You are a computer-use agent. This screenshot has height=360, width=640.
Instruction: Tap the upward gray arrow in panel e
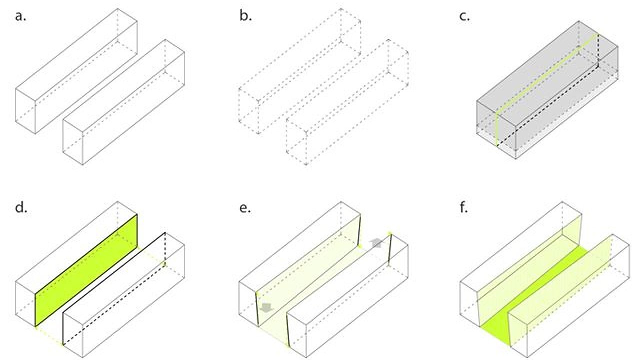375,243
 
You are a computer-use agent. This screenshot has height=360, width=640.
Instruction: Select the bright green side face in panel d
86,270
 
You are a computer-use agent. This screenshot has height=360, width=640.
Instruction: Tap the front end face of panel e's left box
248,302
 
